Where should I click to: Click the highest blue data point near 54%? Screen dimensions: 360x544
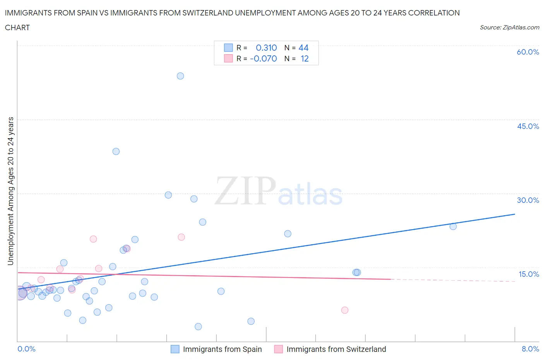[180, 76]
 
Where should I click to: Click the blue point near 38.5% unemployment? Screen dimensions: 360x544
[116, 151]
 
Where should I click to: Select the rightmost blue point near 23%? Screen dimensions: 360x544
[453, 226]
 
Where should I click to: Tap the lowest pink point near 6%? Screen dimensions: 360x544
[345, 310]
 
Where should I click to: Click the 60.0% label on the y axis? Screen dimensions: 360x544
[528, 52]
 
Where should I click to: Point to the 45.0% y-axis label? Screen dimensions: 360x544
[528, 126]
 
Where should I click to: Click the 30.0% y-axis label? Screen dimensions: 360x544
[528, 200]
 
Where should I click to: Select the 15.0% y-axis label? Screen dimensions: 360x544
[529, 274]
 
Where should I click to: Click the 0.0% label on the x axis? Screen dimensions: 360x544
[27, 349]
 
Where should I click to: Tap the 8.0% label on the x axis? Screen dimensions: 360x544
[530, 349]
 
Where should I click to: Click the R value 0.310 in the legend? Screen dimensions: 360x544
[266, 48]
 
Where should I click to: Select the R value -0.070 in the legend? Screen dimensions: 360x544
[263, 58]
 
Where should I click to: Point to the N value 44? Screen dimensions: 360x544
[303, 48]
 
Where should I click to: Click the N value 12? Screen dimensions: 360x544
[305, 58]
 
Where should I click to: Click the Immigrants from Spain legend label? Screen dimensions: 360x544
[222, 349]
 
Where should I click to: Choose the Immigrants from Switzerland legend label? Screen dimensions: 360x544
[336, 349]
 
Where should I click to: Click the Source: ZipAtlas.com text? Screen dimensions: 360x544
[509, 27]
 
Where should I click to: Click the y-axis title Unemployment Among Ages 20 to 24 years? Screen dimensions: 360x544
[11, 191]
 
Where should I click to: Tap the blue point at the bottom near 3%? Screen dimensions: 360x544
[198, 326]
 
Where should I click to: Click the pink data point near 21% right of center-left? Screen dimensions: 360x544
[181, 237]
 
